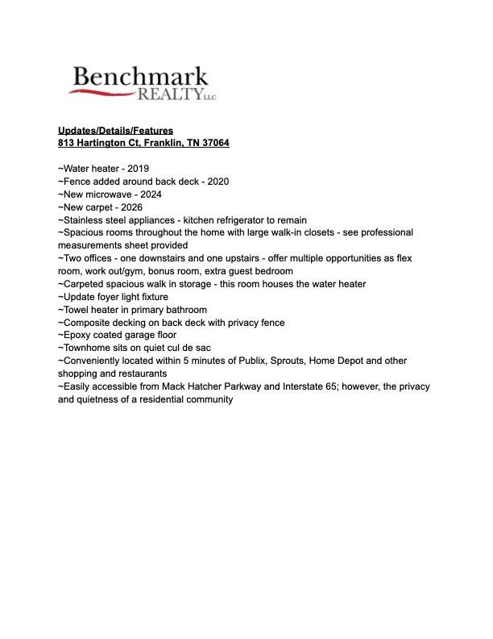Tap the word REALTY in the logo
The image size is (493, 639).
click(x=169, y=95)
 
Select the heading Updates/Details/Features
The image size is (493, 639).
click(x=115, y=130)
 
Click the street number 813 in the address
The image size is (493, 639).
click(x=66, y=143)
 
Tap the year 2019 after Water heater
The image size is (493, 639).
click(x=139, y=169)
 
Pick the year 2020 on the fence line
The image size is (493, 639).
click(x=217, y=182)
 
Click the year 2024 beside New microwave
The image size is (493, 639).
click(x=151, y=194)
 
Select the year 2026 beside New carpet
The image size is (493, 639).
click(x=131, y=207)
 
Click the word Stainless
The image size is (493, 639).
click(x=84, y=220)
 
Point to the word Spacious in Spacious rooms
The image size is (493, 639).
click(x=84, y=232)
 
